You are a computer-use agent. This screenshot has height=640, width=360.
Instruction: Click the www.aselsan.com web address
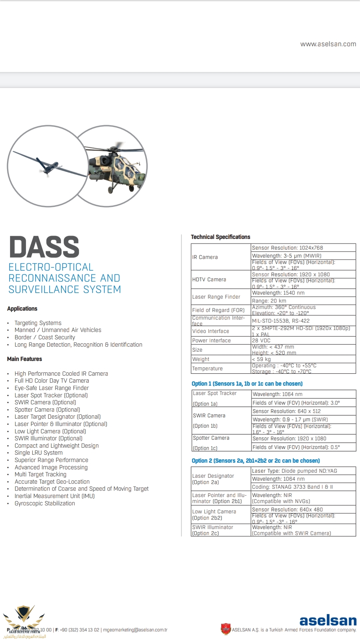click(x=328, y=44)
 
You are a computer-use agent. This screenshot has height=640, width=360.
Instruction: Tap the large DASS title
click(x=44, y=247)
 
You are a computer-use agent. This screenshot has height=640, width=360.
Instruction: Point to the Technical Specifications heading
click(x=220, y=237)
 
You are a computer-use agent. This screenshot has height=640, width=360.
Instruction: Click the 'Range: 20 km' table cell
click(x=269, y=301)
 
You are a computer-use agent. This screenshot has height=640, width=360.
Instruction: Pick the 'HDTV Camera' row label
click(x=209, y=279)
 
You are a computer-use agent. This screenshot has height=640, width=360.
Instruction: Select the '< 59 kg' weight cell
click(x=261, y=359)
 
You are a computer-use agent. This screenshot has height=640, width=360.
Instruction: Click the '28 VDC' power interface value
click(x=261, y=340)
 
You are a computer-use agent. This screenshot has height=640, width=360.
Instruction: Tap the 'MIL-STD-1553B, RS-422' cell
click(x=281, y=321)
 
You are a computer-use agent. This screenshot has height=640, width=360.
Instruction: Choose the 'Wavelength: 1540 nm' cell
click(x=278, y=293)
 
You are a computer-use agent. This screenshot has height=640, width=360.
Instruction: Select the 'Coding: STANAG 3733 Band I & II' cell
click(x=292, y=487)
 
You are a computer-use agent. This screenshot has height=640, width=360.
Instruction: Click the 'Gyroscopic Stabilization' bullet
click(x=45, y=503)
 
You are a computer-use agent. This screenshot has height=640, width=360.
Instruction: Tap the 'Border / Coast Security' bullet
click(x=45, y=337)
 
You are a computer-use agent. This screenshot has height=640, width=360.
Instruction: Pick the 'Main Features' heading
click(x=25, y=359)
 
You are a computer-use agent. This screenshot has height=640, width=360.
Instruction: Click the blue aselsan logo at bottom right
click(x=328, y=620)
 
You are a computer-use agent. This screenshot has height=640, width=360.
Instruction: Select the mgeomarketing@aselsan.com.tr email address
click(x=135, y=630)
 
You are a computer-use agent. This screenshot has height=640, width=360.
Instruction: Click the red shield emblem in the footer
click(x=226, y=629)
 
